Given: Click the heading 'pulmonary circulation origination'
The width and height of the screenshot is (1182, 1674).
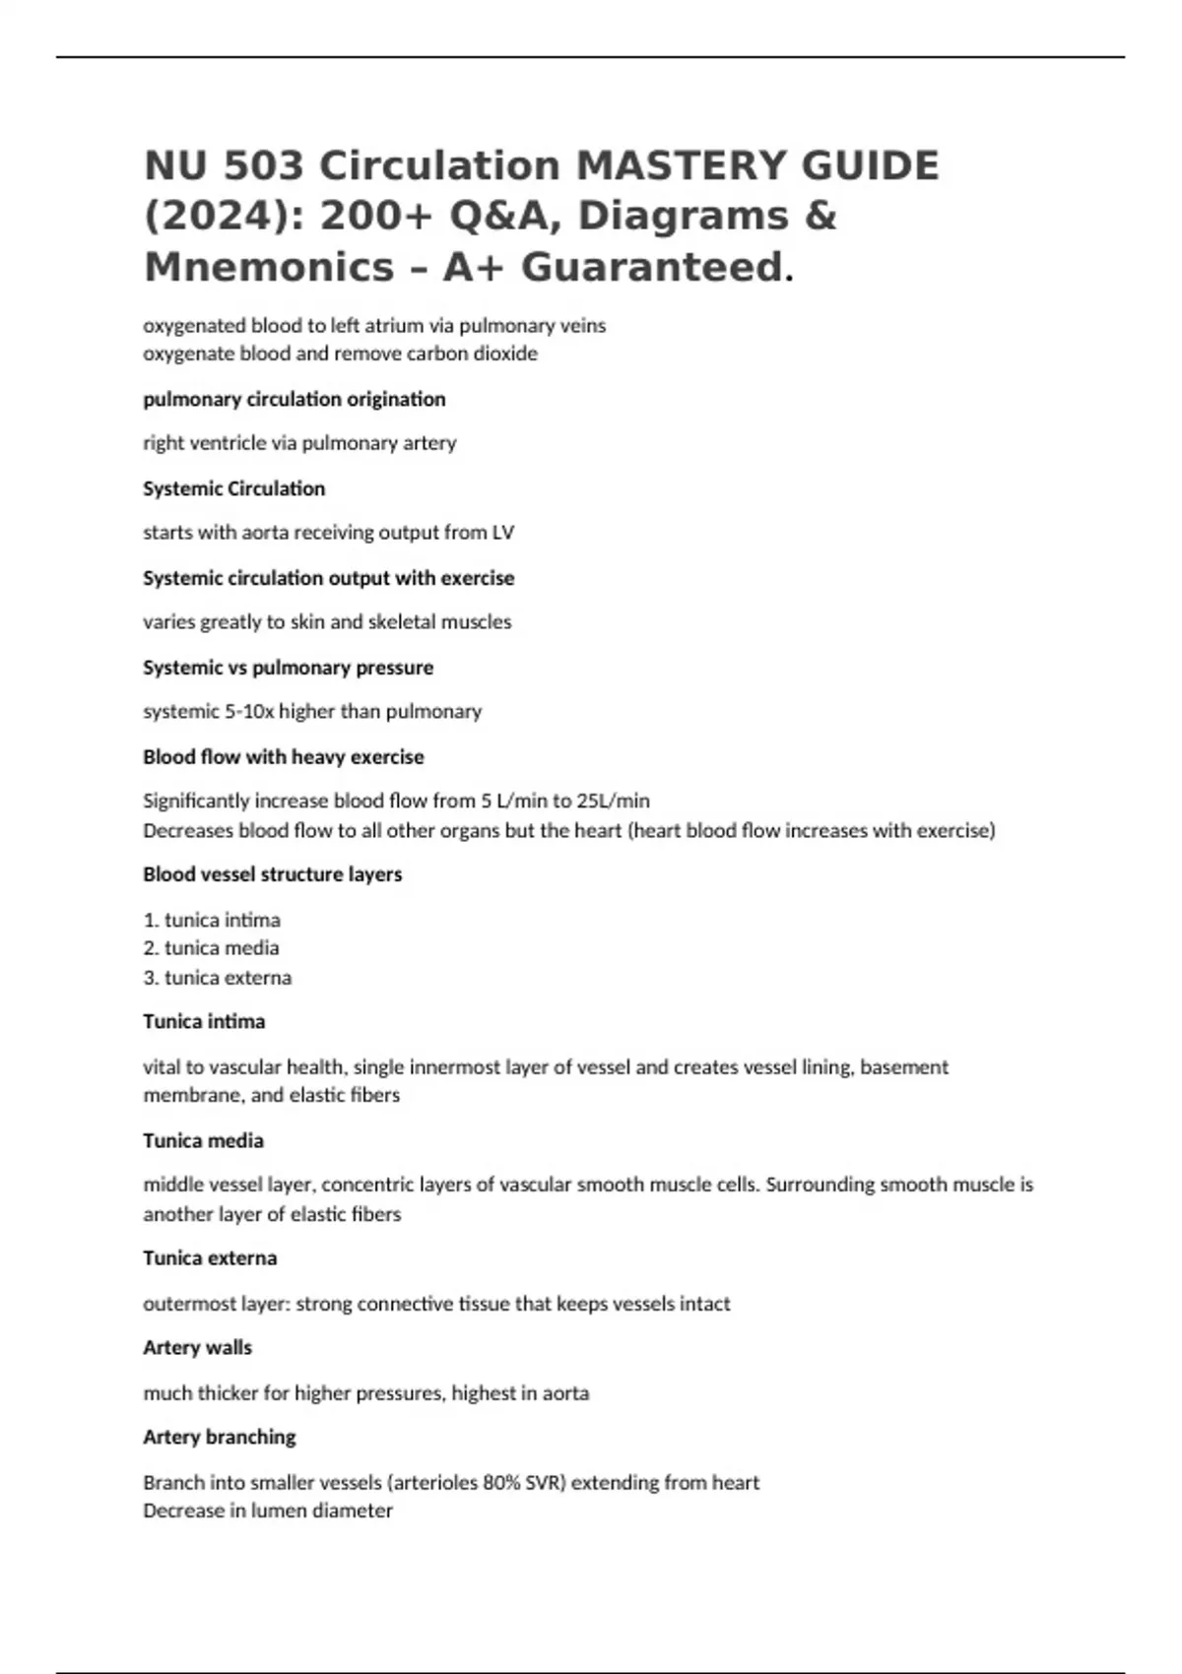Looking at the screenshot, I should [x=294, y=399].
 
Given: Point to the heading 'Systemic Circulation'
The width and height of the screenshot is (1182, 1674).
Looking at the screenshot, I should [x=233, y=488].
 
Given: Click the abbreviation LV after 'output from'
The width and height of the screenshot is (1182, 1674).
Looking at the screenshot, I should [x=502, y=533].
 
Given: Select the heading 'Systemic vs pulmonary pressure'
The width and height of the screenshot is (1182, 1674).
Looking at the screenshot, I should [x=288, y=668].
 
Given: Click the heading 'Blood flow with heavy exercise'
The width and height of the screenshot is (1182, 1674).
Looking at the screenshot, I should [x=283, y=757].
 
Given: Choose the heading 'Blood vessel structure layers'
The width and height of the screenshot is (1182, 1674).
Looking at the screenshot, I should [x=272, y=874].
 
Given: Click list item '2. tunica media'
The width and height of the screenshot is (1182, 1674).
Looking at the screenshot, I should [x=211, y=948].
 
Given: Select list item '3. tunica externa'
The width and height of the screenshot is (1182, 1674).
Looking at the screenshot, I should [x=218, y=978].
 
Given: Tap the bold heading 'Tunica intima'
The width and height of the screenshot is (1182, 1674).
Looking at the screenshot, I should [x=204, y=1021].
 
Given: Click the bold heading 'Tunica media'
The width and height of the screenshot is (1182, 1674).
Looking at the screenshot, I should [x=203, y=1140].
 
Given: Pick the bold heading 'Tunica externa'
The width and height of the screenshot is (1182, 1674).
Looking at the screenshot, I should [x=210, y=1258].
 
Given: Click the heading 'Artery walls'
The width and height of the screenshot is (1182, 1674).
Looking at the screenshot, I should [x=197, y=1347].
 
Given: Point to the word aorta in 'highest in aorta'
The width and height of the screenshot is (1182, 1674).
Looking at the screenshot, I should [x=562, y=1393].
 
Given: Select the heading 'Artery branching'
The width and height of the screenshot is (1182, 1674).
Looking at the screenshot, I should [x=219, y=1437].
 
